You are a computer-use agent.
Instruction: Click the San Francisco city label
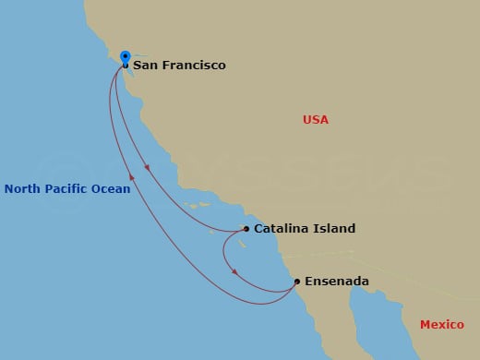[179, 66]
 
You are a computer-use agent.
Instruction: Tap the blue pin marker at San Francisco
[126, 56]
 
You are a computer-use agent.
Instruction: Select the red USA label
[316, 120]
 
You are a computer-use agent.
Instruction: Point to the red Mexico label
[441, 324]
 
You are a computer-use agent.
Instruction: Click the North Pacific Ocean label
[67, 189]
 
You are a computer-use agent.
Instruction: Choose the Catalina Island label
[305, 229]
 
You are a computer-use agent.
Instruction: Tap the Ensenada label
[337, 282]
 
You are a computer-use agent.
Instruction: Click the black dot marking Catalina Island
[246, 229]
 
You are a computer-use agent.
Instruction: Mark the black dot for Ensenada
[296, 282]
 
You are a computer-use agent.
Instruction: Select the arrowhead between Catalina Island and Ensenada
[235, 271]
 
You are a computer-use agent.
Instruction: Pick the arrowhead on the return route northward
[132, 175]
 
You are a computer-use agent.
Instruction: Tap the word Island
[334, 229]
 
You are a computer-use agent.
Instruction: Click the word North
[22, 189]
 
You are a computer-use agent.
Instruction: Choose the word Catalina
[282, 229]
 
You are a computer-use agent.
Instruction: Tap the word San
[145, 66]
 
